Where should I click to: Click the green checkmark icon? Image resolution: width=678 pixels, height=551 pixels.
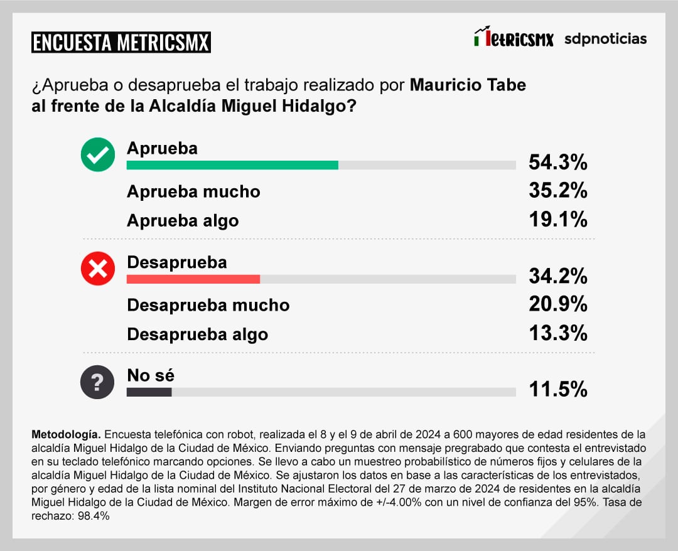pyautogui.click(x=98, y=155)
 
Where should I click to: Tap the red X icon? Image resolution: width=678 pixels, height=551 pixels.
pyautogui.click(x=98, y=269)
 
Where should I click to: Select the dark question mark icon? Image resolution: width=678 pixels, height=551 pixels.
pyautogui.click(x=98, y=382)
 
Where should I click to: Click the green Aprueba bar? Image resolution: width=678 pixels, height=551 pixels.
pyautogui.click(x=232, y=165)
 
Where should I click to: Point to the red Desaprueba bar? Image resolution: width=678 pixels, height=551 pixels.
pyautogui.click(x=193, y=279)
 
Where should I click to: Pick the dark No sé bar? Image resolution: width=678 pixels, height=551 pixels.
pyautogui.click(x=149, y=392)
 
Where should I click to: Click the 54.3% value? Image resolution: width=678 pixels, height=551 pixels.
pyautogui.click(x=557, y=163)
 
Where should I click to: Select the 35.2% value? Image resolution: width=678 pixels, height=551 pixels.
pyautogui.click(x=557, y=190)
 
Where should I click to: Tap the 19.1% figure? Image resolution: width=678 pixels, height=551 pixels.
pyautogui.click(x=557, y=219)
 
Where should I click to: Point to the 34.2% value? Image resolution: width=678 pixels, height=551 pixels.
pyautogui.click(x=557, y=275)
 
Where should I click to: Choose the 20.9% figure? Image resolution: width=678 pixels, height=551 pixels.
pyautogui.click(x=557, y=304)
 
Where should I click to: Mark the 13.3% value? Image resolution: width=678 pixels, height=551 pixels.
pyautogui.click(x=557, y=333)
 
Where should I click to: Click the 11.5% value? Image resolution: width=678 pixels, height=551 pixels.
pyautogui.click(x=557, y=389)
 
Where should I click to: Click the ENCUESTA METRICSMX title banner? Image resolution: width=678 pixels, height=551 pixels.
pyautogui.click(x=121, y=43)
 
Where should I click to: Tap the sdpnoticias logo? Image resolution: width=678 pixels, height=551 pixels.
pyautogui.click(x=605, y=39)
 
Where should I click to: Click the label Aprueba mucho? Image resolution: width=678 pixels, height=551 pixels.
pyautogui.click(x=193, y=191)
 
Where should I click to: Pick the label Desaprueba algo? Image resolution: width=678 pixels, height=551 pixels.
pyautogui.click(x=197, y=334)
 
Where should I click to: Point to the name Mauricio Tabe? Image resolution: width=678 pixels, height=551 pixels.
pyautogui.click(x=468, y=85)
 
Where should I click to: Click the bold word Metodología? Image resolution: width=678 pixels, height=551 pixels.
pyautogui.click(x=65, y=434)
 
